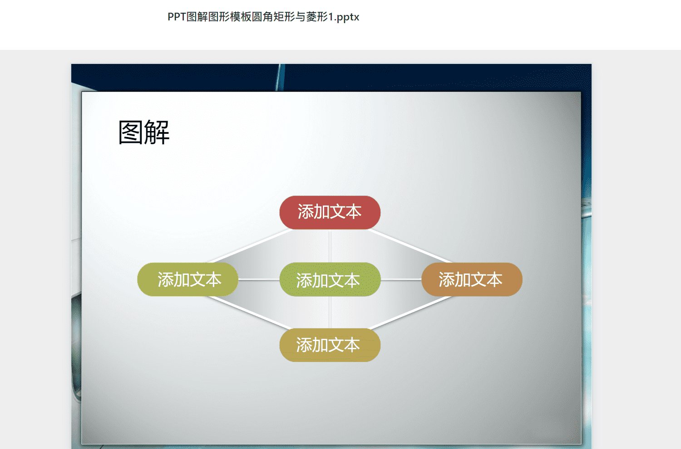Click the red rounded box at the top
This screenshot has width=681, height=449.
click(x=330, y=212)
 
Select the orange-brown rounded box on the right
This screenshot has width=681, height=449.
click(x=472, y=279)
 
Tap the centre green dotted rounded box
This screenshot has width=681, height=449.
click(x=330, y=279)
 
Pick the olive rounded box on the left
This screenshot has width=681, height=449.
click(x=188, y=279)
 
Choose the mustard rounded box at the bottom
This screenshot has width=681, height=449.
click(x=330, y=345)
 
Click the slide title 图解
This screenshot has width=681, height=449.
click(x=144, y=132)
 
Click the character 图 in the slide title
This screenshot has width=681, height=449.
click(x=130, y=132)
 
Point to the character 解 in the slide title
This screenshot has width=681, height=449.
click(x=157, y=132)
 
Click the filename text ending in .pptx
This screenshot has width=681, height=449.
click(x=263, y=17)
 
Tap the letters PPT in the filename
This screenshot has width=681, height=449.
click(x=177, y=17)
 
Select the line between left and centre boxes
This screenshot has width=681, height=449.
click(x=259, y=279)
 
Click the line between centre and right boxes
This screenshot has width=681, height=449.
click(x=401, y=279)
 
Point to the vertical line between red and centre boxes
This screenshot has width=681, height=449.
click(x=330, y=246)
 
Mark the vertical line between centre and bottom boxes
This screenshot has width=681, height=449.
click(x=330, y=312)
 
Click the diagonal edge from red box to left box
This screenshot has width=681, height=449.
click(x=250, y=246)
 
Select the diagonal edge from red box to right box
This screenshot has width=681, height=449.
click(x=410, y=246)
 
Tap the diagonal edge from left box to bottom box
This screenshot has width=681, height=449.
click(x=250, y=312)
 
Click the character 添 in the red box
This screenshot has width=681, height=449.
click(x=305, y=212)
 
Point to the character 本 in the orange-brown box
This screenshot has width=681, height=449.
click(x=494, y=279)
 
